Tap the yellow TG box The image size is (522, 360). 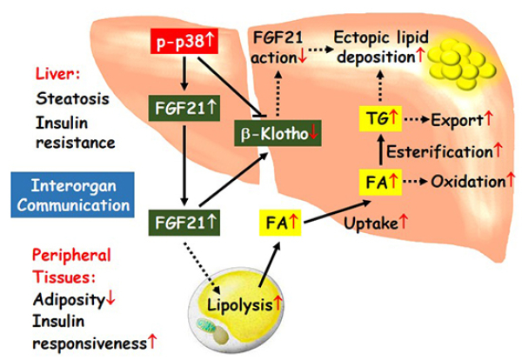coord(379,118)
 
